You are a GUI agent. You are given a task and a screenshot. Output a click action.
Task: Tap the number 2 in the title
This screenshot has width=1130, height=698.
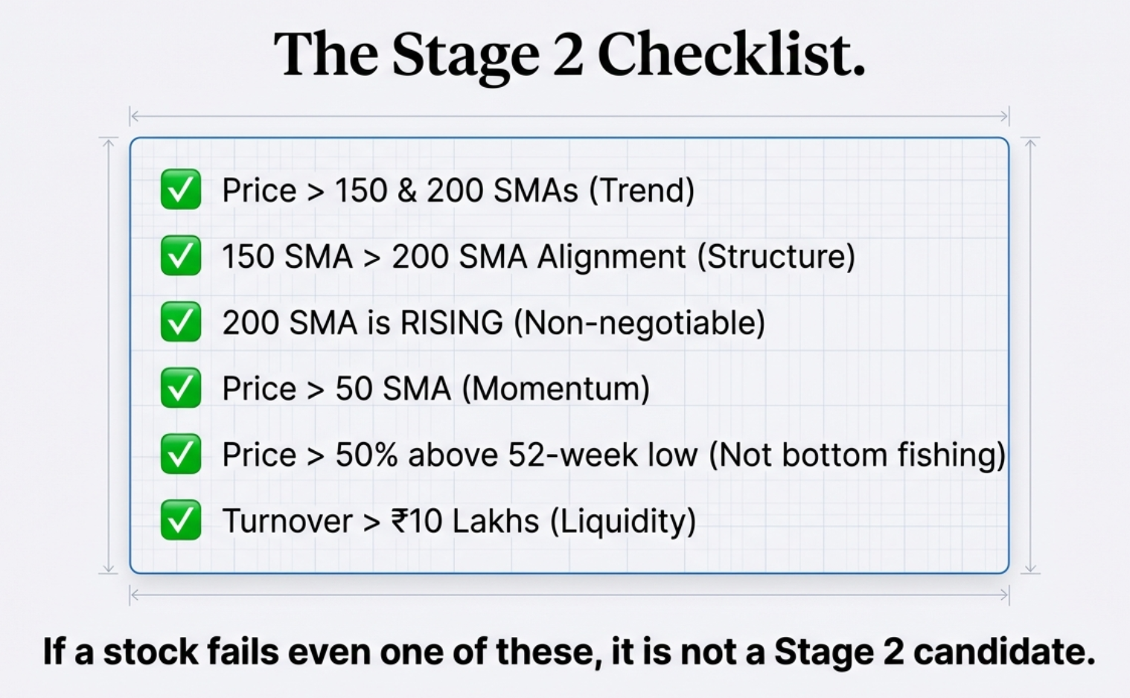[568, 55]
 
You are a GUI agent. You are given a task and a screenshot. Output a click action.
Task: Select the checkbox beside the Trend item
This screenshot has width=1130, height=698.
[181, 190]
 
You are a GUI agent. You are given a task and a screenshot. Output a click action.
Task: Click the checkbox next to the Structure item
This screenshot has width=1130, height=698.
[181, 256]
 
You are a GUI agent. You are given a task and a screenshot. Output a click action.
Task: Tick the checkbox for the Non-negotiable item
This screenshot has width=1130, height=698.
[181, 322]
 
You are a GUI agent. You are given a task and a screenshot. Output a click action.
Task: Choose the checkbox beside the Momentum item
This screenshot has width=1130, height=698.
[181, 388]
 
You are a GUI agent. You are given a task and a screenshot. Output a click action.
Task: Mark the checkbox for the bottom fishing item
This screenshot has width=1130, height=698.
[181, 454]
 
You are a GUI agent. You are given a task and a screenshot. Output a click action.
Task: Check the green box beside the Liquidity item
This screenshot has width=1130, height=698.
[181, 520]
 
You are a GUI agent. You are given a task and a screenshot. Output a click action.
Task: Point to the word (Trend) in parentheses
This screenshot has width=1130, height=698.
[642, 190]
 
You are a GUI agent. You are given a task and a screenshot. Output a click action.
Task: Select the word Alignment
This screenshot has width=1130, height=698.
[611, 257]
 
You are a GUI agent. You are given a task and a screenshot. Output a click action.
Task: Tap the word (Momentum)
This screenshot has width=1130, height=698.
[555, 388]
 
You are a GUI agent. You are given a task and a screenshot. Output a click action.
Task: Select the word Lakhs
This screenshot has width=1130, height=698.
[495, 521]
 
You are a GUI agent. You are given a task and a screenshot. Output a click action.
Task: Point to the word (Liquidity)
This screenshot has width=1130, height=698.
[623, 521]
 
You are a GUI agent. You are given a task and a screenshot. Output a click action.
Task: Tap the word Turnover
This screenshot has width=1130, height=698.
[287, 521]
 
